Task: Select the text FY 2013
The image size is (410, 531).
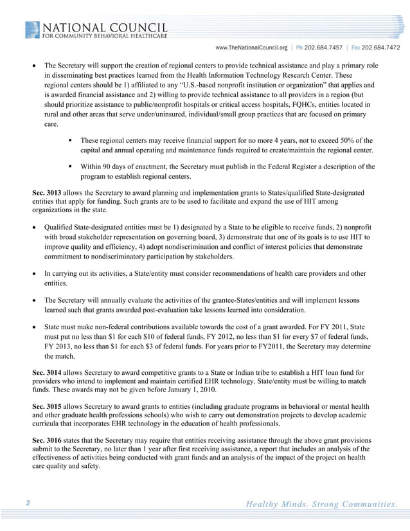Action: [x=59, y=346]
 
